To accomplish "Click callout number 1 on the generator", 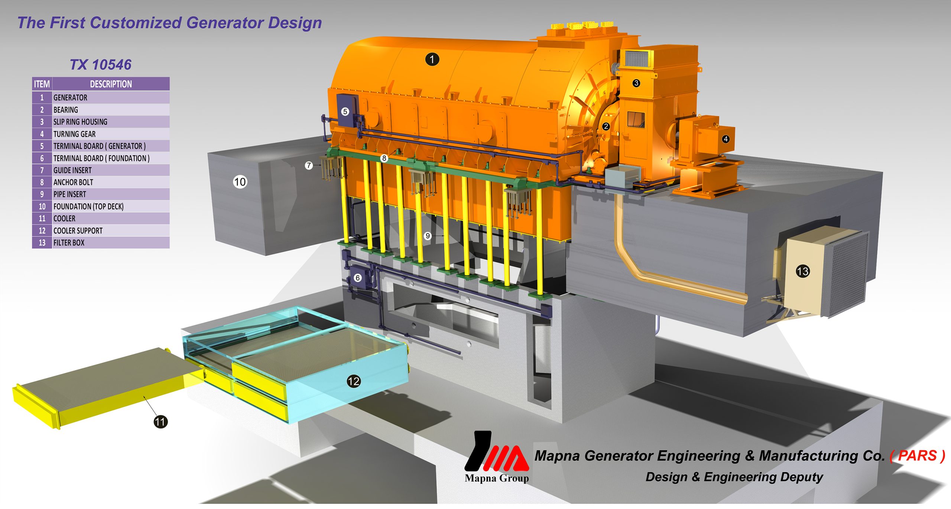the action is tap(432, 59).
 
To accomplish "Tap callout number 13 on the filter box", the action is tap(803, 271).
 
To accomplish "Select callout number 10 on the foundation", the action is tap(240, 182).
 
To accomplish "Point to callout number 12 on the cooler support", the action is tap(354, 381).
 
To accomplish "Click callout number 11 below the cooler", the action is tap(160, 422).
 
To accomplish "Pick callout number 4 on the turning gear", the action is tap(726, 139).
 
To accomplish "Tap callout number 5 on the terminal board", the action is tap(345, 112).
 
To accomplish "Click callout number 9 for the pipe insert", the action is tap(428, 236).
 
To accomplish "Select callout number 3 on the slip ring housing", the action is tap(636, 83).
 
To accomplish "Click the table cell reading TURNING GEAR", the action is tap(74, 134).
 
